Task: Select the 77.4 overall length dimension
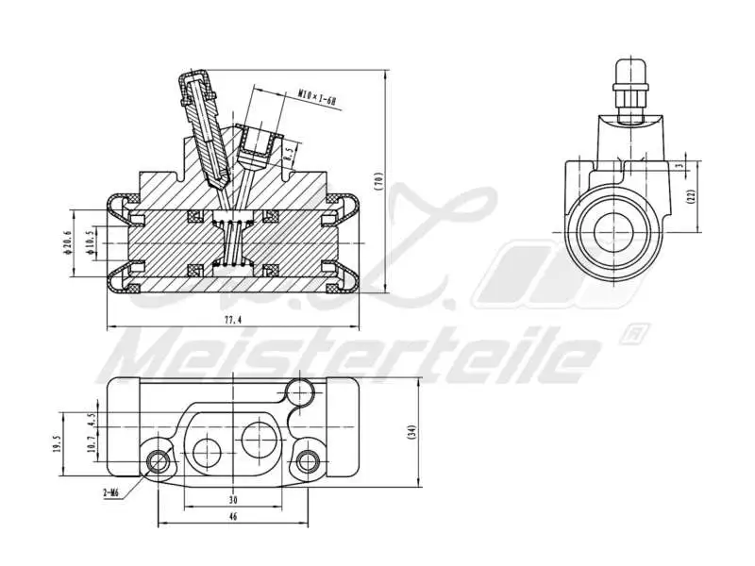click(233, 320)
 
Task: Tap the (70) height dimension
click(378, 181)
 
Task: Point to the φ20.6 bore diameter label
click(67, 242)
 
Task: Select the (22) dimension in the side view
click(691, 195)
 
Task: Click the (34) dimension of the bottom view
click(411, 431)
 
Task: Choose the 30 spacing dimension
click(233, 499)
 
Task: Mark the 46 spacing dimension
click(233, 517)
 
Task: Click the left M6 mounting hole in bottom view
click(159, 460)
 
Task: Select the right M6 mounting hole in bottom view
click(305, 460)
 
